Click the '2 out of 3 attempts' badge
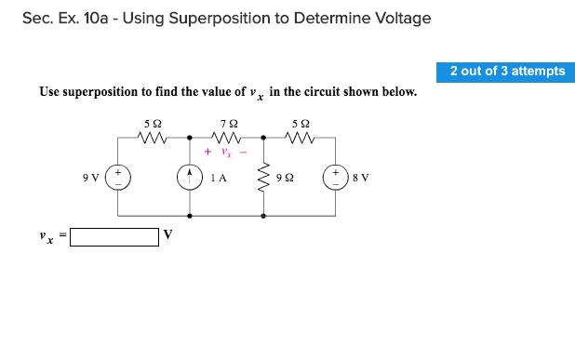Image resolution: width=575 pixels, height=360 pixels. point(507,72)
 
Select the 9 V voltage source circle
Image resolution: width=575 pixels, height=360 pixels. point(118,177)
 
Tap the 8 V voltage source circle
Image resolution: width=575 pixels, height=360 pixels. point(335,177)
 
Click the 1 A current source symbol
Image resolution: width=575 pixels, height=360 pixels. point(191,177)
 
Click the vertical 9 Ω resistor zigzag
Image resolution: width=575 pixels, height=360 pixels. point(264,177)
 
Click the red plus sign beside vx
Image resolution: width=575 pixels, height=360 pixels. point(207,152)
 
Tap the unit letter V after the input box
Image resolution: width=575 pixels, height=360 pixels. point(167,234)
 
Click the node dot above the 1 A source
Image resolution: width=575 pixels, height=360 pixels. point(191,138)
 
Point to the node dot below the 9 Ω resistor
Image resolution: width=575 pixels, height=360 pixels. point(264,216)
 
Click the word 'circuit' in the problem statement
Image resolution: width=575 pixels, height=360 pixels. point(337,92)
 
